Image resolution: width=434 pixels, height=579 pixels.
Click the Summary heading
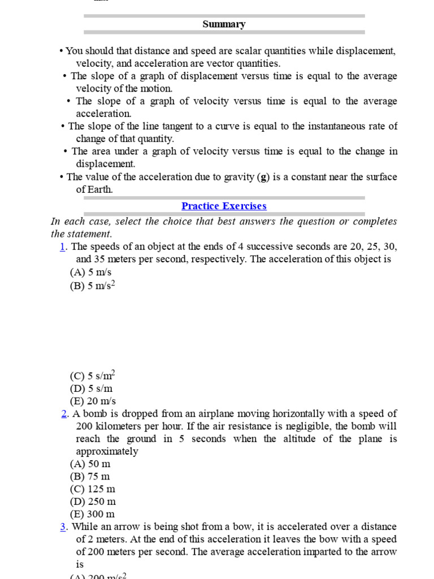[224, 24]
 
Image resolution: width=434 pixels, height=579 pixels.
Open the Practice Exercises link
[224, 206]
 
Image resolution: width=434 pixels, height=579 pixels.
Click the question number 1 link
[63, 247]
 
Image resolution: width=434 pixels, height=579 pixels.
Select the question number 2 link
[64, 414]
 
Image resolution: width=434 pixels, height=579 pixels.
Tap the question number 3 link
[63, 527]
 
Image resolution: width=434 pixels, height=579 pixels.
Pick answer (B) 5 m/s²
[93, 285]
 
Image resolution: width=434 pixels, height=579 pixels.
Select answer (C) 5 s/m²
[93, 376]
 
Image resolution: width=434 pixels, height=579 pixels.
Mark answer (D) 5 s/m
[92, 388]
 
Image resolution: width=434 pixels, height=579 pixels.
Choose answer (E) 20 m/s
[93, 401]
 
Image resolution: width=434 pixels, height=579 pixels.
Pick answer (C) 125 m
[93, 489]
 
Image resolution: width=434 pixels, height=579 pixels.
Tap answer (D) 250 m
[93, 502]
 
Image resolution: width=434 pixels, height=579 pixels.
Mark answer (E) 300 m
[93, 514]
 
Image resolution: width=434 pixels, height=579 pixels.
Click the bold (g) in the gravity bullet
[263, 177]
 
